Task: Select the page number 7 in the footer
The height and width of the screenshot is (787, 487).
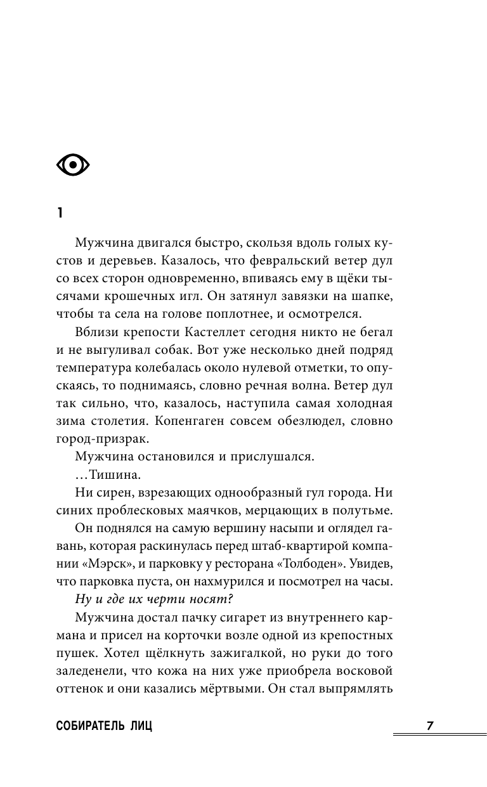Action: coord(429,726)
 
